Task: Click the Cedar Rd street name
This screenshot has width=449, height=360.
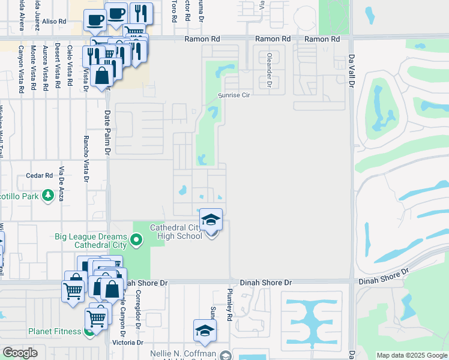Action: click(x=40, y=176)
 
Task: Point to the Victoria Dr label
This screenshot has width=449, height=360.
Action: click(x=128, y=343)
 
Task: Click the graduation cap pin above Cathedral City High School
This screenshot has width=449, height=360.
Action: click(x=211, y=220)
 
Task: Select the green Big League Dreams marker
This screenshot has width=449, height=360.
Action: click(x=136, y=241)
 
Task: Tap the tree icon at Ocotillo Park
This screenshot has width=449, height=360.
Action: click(x=47, y=196)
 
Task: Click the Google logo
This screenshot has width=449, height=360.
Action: click(x=20, y=353)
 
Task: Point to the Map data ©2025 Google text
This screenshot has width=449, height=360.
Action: click(x=412, y=355)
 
